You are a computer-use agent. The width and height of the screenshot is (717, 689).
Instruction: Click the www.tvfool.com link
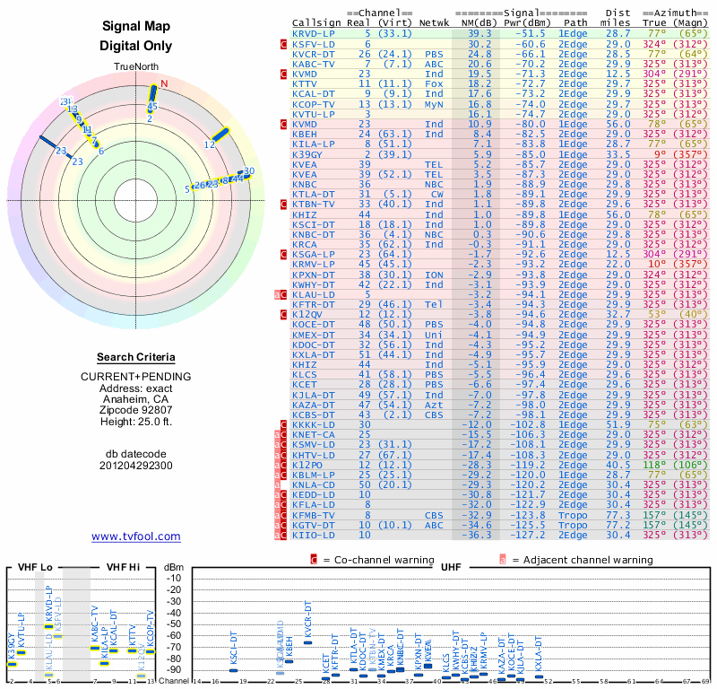[x=136, y=536]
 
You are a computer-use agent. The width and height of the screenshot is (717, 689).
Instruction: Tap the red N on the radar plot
[x=164, y=84]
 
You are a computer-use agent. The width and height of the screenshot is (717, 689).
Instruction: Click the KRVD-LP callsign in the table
[x=313, y=32]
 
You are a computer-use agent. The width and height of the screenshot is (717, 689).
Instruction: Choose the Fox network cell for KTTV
[x=434, y=83]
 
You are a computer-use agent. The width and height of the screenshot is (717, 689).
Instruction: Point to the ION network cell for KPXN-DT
[x=434, y=275]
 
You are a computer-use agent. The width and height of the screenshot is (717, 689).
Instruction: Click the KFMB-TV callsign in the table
[x=313, y=515]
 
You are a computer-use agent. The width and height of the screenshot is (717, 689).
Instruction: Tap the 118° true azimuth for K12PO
[x=655, y=465]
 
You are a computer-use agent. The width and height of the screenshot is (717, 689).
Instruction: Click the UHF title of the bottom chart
[x=451, y=569]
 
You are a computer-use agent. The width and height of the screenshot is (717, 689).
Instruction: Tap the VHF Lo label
[x=33, y=569]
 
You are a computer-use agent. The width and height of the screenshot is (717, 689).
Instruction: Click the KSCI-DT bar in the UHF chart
[x=233, y=669]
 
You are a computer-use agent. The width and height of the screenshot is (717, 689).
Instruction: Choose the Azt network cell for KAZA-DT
[x=434, y=406]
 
